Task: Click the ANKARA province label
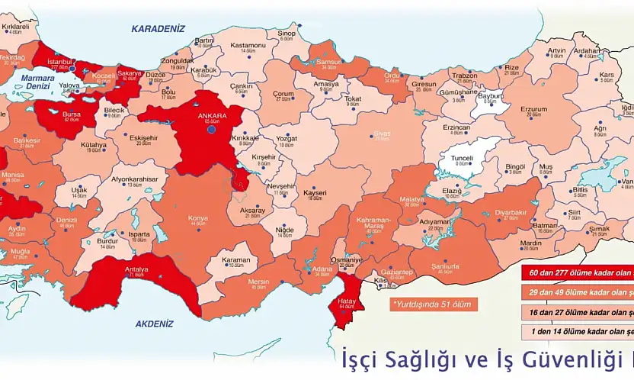(x=211, y=116)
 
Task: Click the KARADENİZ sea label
(x=158, y=29)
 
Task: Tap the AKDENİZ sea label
(x=155, y=324)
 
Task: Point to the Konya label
(x=197, y=217)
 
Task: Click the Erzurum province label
(x=533, y=109)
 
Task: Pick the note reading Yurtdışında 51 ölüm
(x=431, y=304)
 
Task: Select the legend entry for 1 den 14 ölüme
(x=577, y=332)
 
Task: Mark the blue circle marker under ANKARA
(x=212, y=130)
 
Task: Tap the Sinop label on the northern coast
(x=286, y=34)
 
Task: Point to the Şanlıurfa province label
(x=445, y=266)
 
